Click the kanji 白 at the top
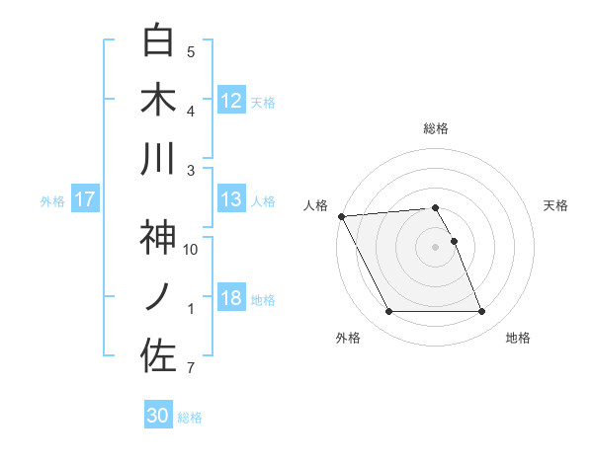coord(158,40)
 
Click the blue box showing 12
coord(231,100)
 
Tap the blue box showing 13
coord(231,200)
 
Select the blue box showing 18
coord(231,299)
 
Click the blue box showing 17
coord(85,200)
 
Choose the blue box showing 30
coord(158,416)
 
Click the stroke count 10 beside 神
coord(191,250)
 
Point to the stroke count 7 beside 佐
coord(191,369)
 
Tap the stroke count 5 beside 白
coord(191,52)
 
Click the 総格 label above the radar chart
coord(435,128)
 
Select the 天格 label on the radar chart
coord(556,205)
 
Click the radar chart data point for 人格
coord(341,215)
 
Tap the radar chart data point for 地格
coord(481,312)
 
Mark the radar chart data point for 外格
coord(388,312)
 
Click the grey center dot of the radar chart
coord(435,247)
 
